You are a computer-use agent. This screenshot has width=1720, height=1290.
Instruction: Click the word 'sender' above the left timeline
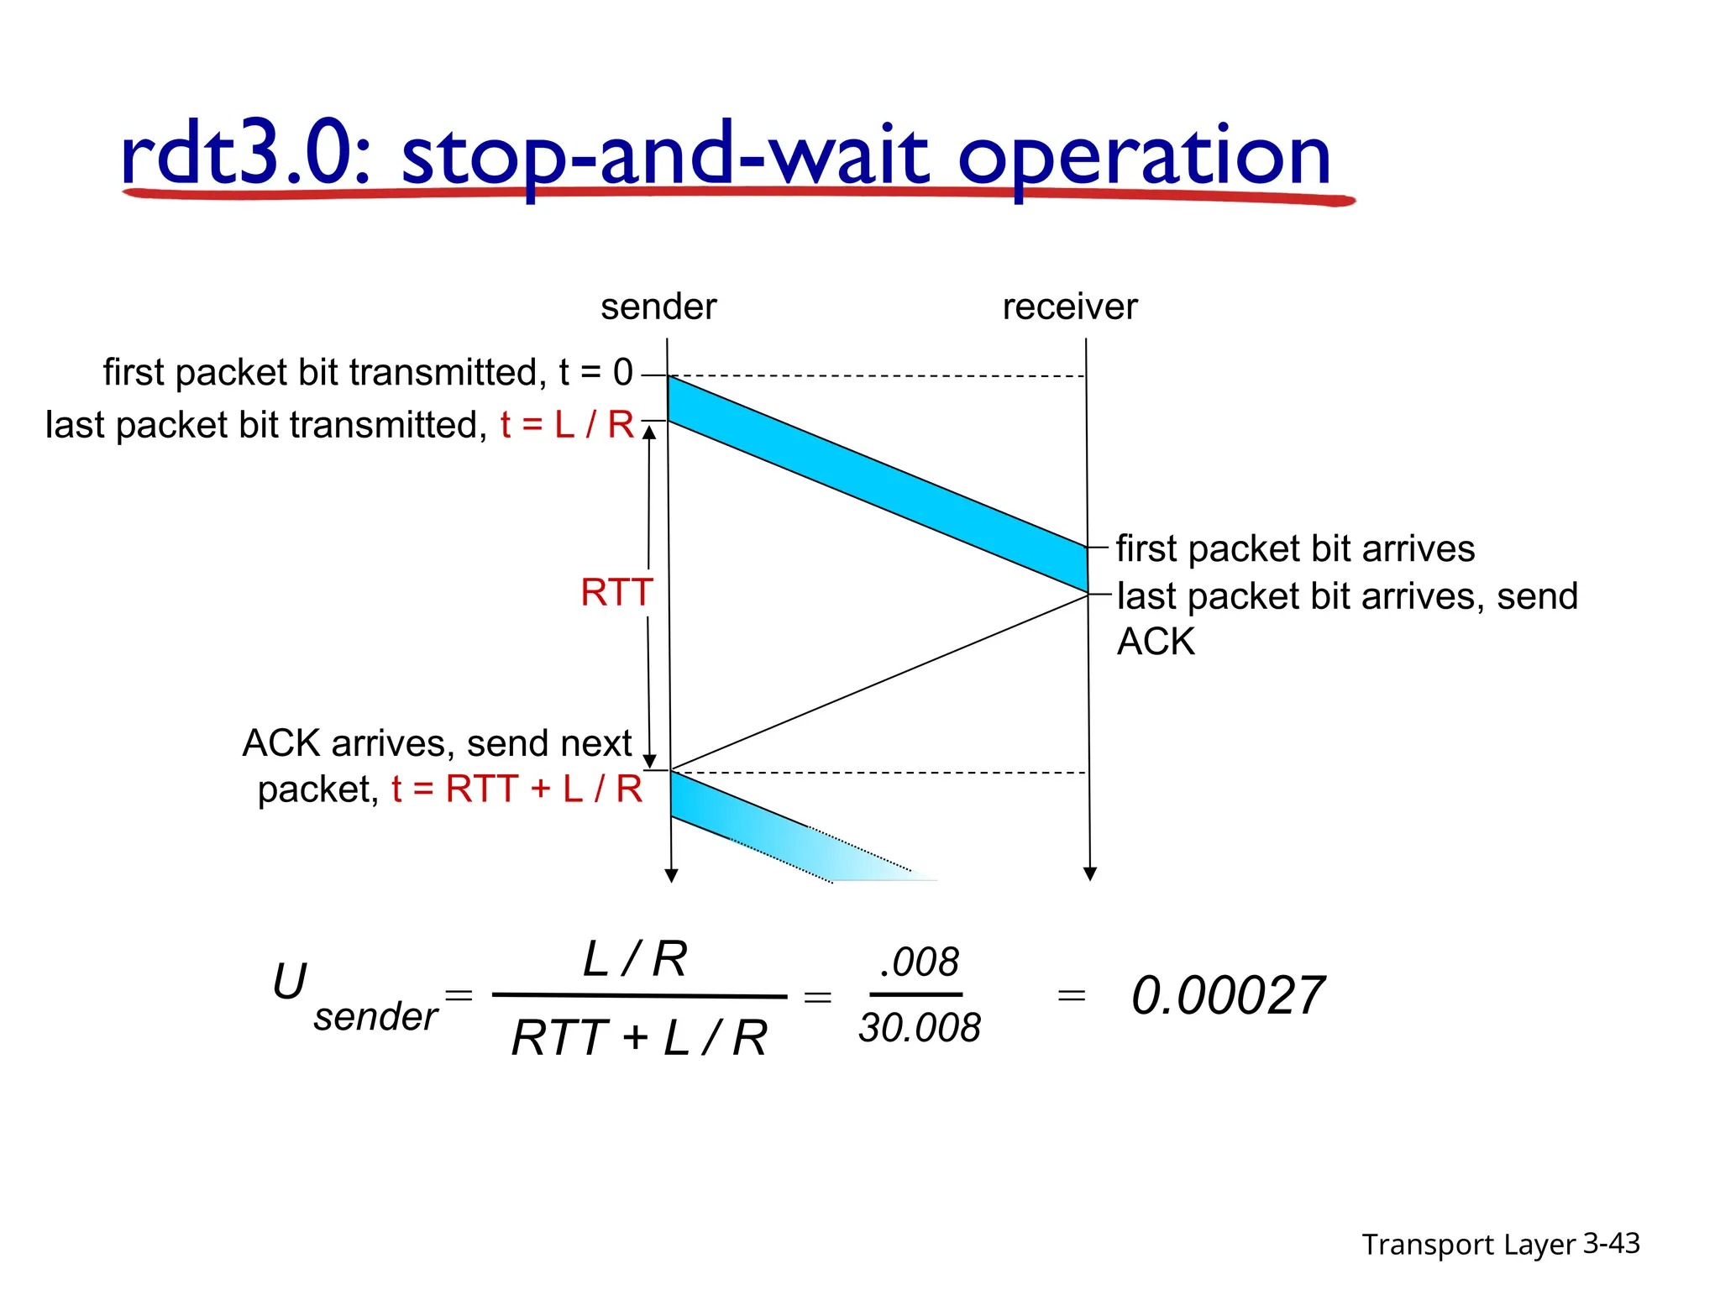[x=658, y=307]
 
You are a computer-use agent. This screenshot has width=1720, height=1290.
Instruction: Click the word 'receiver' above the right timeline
[x=1069, y=307]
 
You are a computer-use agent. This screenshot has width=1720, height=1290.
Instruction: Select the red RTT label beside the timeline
[x=616, y=593]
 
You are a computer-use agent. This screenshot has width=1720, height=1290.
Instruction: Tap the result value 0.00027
[x=1228, y=996]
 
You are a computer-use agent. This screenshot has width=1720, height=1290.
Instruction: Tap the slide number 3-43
[x=1611, y=1243]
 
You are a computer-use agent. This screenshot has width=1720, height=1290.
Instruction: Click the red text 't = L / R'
[x=568, y=425]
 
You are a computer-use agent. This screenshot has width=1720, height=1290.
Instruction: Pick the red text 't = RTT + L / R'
[x=517, y=789]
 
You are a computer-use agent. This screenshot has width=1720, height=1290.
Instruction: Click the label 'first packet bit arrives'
[x=1295, y=549]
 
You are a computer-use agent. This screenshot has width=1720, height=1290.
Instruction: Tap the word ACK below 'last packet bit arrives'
[x=1156, y=642]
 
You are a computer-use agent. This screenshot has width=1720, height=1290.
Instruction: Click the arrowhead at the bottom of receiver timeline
[x=1090, y=874]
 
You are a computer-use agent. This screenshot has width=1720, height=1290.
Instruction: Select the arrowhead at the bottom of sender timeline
[x=671, y=876]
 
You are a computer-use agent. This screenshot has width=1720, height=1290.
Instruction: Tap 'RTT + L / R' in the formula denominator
[x=639, y=1038]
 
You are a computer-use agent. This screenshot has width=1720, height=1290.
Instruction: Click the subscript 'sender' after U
[x=375, y=1017]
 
